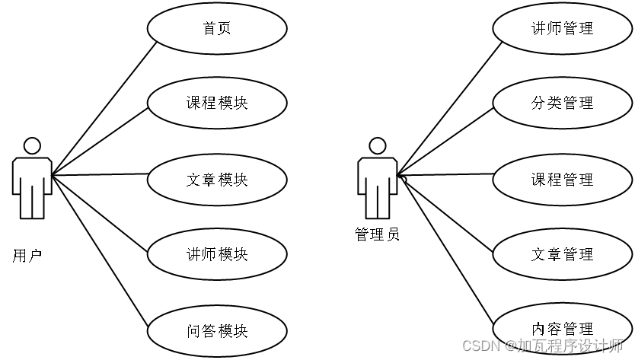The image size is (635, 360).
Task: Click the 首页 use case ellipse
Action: pos(217,29)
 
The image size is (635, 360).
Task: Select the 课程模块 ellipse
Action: pos(217,103)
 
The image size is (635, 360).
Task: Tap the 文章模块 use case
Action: pos(217,180)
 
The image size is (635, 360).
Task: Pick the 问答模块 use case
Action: pos(217,331)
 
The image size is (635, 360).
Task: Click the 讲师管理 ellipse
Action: pos(562,29)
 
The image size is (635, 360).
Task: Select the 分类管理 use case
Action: pos(562,103)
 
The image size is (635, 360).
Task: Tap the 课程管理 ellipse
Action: pos(562,180)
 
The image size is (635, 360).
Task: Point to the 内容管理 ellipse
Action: pos(562,329)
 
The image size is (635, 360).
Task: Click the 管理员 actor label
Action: pos(377,234)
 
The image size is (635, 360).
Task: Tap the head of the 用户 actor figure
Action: pos(31,145)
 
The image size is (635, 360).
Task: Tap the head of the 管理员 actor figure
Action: pos(377,145)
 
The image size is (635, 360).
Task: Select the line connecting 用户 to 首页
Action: pos(104,107)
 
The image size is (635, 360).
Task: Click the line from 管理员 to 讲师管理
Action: pos(449,108)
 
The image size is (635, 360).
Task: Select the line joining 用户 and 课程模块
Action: pos(99,142)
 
